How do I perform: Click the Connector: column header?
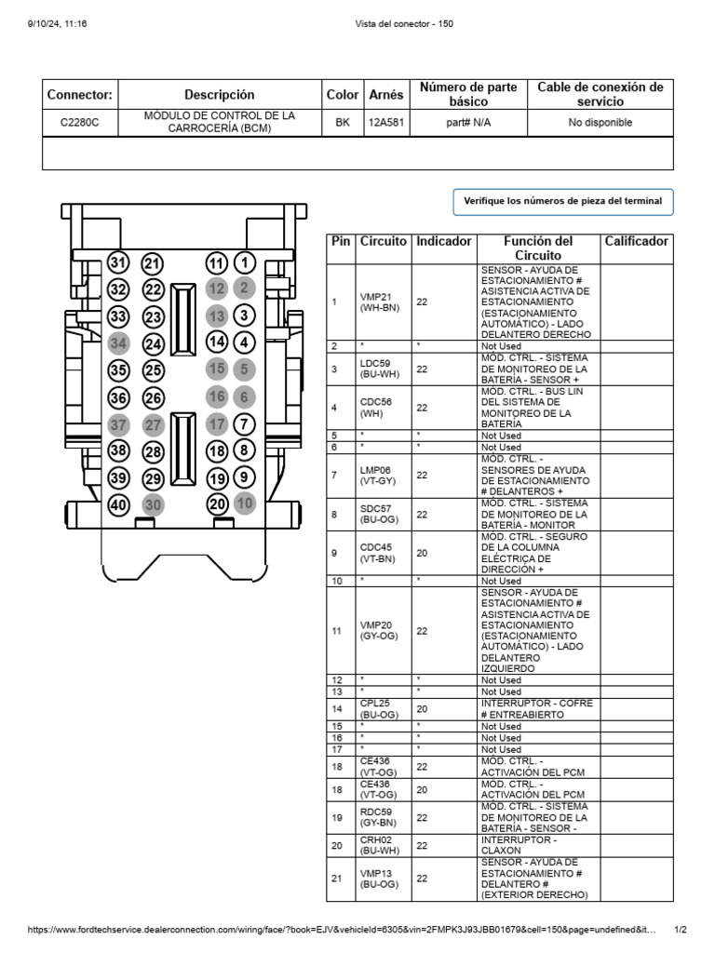point(80,95)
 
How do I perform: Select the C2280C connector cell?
point(80,123)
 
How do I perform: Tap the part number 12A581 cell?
point(386,123)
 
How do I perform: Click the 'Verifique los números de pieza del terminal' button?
point(562,201)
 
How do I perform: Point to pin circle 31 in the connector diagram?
point(118,263)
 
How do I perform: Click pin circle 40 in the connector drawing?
point(118,506)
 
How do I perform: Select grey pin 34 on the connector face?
point(118,343)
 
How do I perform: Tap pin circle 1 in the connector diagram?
point(244,263)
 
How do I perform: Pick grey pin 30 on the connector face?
point(153,505)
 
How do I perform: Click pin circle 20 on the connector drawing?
point(217,503)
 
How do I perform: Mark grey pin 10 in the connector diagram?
point(244,503)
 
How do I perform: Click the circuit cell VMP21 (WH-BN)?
point(380,302)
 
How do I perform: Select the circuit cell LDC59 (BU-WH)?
point(380,369)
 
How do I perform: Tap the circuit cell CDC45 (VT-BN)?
point(380,553)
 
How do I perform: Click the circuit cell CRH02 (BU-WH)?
point(380,845)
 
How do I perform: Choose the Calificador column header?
point(637,241)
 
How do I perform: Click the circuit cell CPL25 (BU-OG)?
point(380,708)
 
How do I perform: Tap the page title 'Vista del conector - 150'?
point(404,23)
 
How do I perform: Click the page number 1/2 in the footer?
point(681,930)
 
